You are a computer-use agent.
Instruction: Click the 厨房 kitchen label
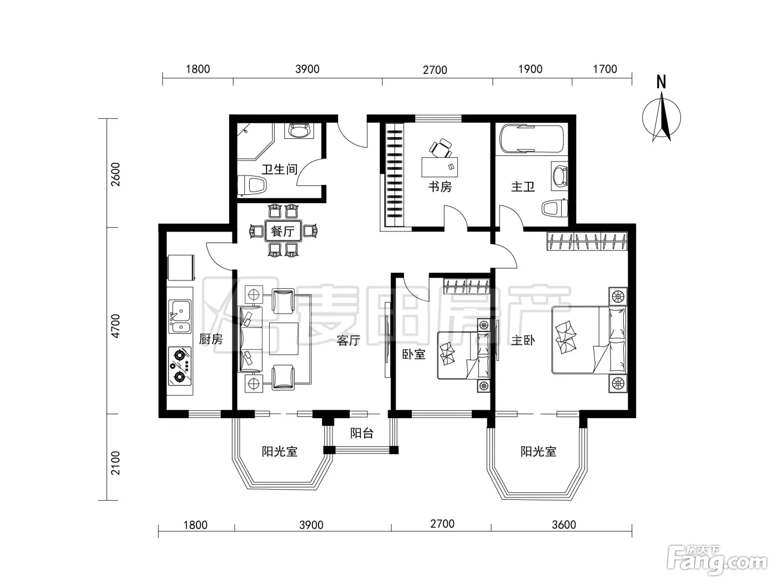point(211,339)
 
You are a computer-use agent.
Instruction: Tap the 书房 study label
point(440,187)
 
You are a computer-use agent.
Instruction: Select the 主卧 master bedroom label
point(523,340)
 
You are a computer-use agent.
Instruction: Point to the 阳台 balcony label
point(362,433)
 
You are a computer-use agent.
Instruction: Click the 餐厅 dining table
point(283,231)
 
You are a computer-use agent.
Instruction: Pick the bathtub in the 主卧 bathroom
point(531,139)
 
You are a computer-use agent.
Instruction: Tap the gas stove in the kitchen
point(180,366)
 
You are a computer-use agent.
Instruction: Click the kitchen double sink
point(180,316)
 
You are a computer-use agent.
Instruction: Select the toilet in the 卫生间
point(253,185)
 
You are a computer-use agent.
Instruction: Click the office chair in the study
point(441,148)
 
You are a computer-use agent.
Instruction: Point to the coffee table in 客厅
point(284,338)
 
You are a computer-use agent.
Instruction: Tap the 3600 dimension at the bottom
point(563,524)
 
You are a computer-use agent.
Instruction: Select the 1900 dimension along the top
point(530,69)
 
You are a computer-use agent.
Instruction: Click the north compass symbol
point(661,117)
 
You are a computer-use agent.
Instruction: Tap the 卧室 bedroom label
point(413,354)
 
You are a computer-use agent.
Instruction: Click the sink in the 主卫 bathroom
point(559,176)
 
